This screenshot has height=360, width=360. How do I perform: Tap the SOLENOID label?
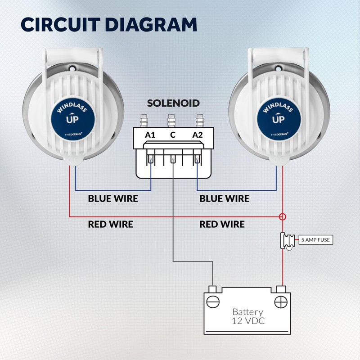pos(173,103)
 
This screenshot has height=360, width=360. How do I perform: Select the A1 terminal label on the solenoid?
pos(150,135)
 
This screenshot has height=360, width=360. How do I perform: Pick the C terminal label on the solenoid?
pos(173,135)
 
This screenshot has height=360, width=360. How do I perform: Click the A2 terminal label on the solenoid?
pos(197,135)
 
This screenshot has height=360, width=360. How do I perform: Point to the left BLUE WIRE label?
pos(113,198)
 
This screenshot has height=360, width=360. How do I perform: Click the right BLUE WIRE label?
pos(224,198)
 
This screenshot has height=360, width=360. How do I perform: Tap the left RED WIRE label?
pos(110,224)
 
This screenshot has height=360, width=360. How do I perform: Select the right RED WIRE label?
pos(222,224)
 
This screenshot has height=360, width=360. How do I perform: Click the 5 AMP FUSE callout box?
pos(315,240)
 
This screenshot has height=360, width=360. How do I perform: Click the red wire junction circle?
pos(283,217)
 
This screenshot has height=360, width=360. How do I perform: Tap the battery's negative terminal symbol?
pos(214,301)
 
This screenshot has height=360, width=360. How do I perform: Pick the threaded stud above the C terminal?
pos(171,121)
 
